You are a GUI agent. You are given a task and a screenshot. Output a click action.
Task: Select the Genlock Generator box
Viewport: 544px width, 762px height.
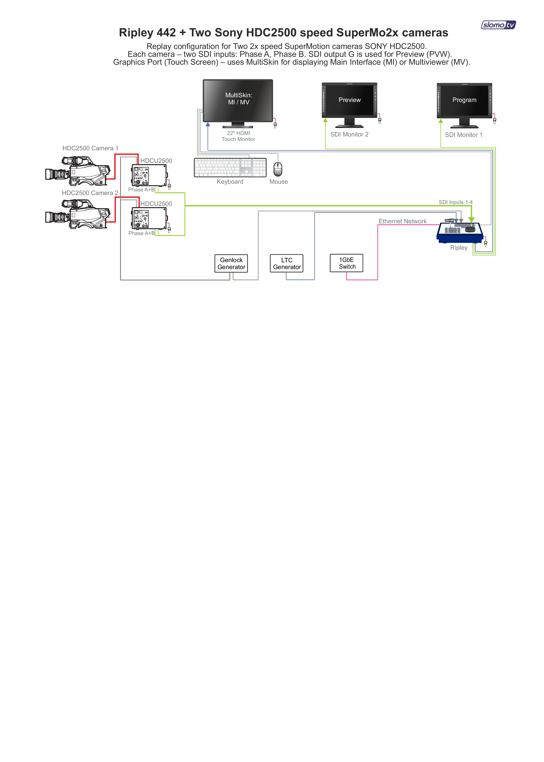tap(231, 264)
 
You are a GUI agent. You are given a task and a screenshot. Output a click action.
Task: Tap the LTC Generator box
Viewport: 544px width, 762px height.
tap(287, 264)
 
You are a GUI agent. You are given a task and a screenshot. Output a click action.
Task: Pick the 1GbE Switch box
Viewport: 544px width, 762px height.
tap(346, 263)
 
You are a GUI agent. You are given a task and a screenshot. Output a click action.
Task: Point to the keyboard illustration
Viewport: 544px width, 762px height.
tap(230, 167)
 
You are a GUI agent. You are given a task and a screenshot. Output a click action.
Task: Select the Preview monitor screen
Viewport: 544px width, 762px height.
tap(349, 100)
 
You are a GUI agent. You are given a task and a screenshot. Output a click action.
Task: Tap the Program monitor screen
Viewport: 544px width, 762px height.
tap(464, 100)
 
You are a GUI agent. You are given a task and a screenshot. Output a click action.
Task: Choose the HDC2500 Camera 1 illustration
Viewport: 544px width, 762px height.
tap(78, 171)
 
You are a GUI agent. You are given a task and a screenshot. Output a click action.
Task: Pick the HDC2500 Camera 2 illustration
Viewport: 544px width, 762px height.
tap(78, 214)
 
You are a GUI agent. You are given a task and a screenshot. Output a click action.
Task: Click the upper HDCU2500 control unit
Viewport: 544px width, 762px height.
tap(149, 175)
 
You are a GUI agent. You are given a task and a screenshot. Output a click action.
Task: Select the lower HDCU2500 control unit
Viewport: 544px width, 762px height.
tap(149, 218)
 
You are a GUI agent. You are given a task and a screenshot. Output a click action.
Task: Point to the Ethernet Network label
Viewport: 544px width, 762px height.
tap(402, 221)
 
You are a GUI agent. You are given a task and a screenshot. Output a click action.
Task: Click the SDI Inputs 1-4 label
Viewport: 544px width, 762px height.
tap(456, 202)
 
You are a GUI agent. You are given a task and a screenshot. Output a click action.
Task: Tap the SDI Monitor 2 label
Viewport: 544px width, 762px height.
tap(349, 135)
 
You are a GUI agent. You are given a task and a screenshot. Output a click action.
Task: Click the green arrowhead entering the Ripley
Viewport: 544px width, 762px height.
tap(471, 220)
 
